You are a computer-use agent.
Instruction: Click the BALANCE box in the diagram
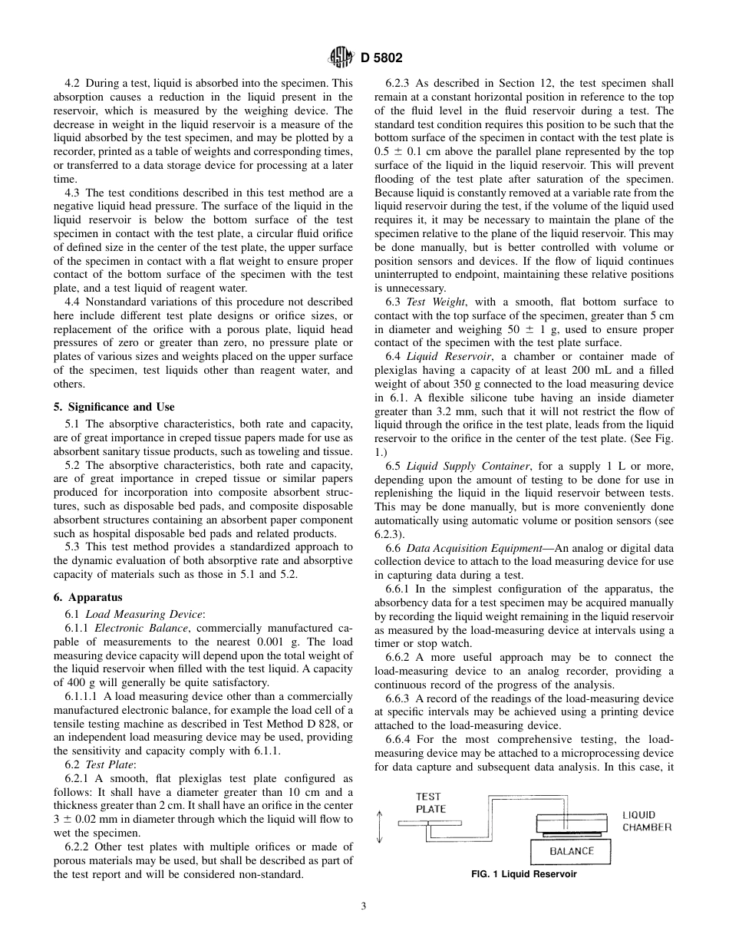click(x=571, y=851)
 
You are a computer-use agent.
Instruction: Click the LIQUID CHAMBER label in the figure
click(x=647, y=821)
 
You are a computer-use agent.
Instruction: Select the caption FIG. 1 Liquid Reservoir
click(x=524, y=874)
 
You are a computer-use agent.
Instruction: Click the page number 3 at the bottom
click(x=364, y=906)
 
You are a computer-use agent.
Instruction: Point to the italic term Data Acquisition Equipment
click(x=471, y=549)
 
